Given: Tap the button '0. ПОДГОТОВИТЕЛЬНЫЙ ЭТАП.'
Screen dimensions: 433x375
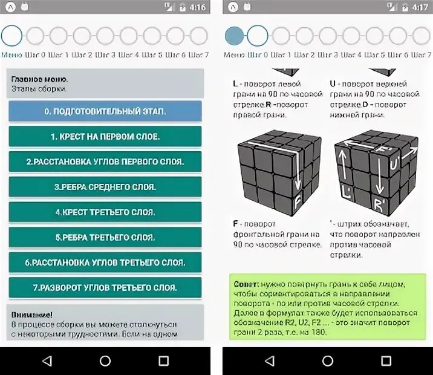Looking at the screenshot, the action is tap(105, 111).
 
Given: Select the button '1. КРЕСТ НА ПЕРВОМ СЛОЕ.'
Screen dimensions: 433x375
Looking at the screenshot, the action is tap(105, 137).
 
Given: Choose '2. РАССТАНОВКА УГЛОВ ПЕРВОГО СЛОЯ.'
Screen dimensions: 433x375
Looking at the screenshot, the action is tap(105, 161).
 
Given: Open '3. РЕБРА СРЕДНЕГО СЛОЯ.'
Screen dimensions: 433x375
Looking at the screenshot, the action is tap(105, 187).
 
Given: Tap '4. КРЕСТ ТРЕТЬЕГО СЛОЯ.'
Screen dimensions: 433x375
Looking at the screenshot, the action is tap(105, 212).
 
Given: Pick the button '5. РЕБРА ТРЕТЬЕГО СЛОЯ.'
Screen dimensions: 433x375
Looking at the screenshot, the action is tap(105, 237).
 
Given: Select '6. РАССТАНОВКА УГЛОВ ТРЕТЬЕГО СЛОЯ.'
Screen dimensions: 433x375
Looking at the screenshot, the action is tap(105, 262).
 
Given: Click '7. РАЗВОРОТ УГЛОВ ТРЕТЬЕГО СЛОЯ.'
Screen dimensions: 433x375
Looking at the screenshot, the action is tap(105, 287).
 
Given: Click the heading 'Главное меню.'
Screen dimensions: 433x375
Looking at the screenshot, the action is tap(39, 79).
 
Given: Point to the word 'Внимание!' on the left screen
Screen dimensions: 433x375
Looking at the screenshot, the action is tap(31, 315).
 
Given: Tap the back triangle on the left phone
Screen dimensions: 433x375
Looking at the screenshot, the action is tap(47, 361).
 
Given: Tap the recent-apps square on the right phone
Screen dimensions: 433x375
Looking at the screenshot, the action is tap(386, 361).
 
